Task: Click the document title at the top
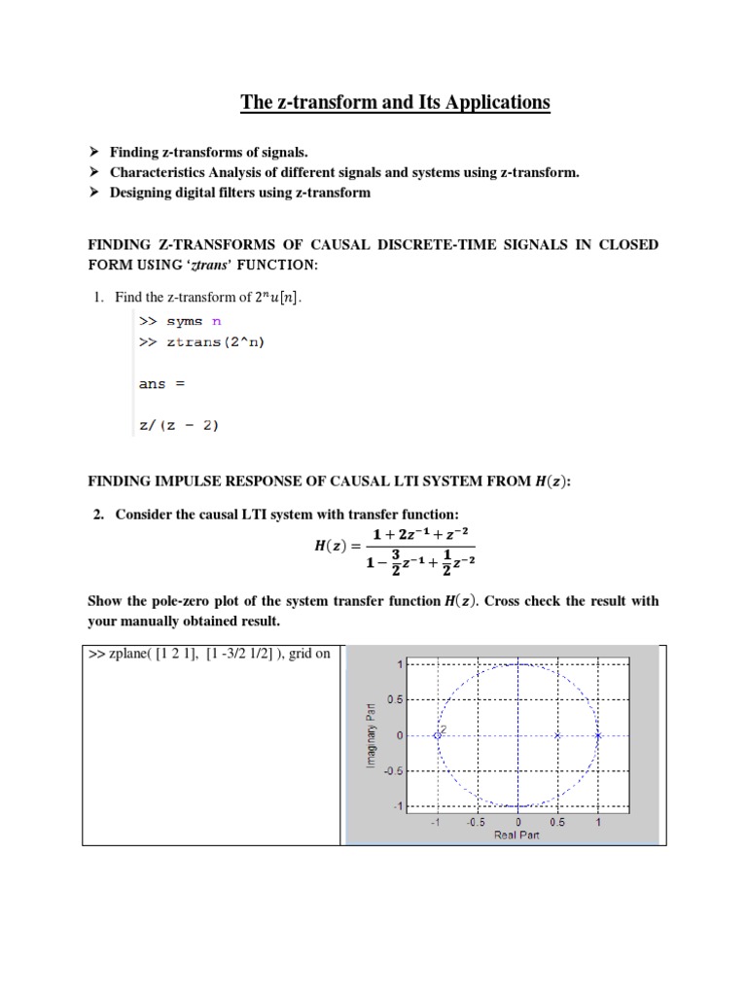tap(395, 102)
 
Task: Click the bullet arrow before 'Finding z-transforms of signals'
tap(94, 153)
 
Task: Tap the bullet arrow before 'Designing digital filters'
tap(94, 192)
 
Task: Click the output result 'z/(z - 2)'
tap(178, 423)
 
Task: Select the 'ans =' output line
tap(161, 383)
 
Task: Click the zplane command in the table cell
tap(209, 654)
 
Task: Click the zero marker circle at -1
tap(438, 735)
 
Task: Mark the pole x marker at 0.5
tap(557, 735)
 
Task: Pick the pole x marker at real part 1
tap(598, 735)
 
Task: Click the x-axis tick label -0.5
tap(476, 821)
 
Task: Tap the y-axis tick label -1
tap(397, 806)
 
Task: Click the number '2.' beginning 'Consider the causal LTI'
tap(99, 513)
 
